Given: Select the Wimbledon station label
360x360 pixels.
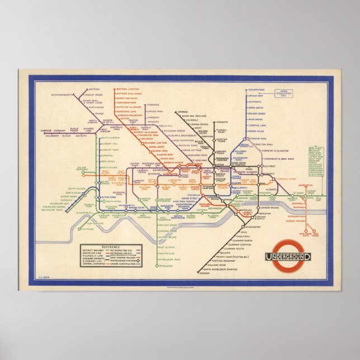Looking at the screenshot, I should coord(165,266).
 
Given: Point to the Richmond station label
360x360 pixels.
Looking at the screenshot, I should coord(88,229).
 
